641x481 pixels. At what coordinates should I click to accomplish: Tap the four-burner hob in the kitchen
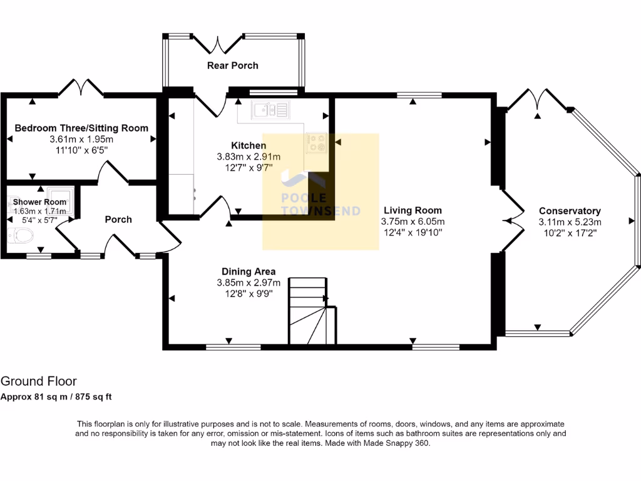(315, 143)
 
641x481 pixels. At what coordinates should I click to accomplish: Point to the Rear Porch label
(232, 66)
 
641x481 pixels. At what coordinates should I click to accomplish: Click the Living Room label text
(413, 210)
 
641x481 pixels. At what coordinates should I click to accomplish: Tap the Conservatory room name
(570, 211)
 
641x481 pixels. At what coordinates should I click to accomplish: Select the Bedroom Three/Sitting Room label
(81, 128)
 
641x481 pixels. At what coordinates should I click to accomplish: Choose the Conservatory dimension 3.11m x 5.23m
(570, 222)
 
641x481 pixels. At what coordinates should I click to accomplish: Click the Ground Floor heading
(39, 381)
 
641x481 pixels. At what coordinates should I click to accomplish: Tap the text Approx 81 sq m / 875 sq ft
(56, 396)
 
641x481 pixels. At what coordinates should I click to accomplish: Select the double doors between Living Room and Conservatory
(513, 220)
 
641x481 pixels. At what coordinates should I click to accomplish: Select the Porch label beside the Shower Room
(118, 219)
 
